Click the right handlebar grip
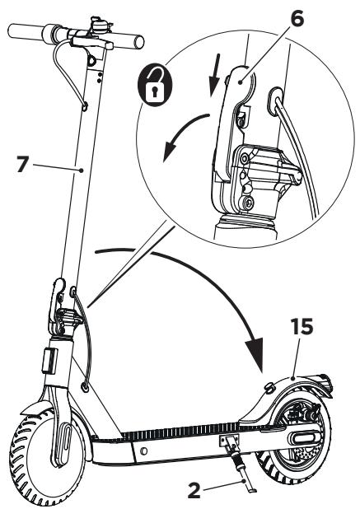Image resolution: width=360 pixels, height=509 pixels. [131, 40]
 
